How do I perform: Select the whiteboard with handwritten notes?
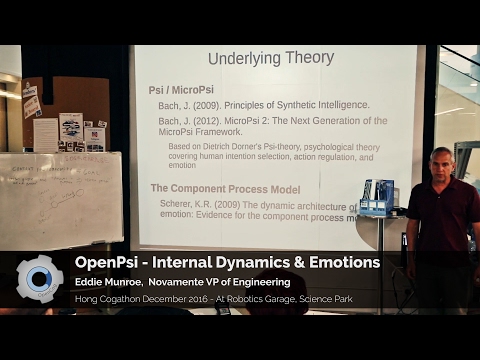click(60, 200)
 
